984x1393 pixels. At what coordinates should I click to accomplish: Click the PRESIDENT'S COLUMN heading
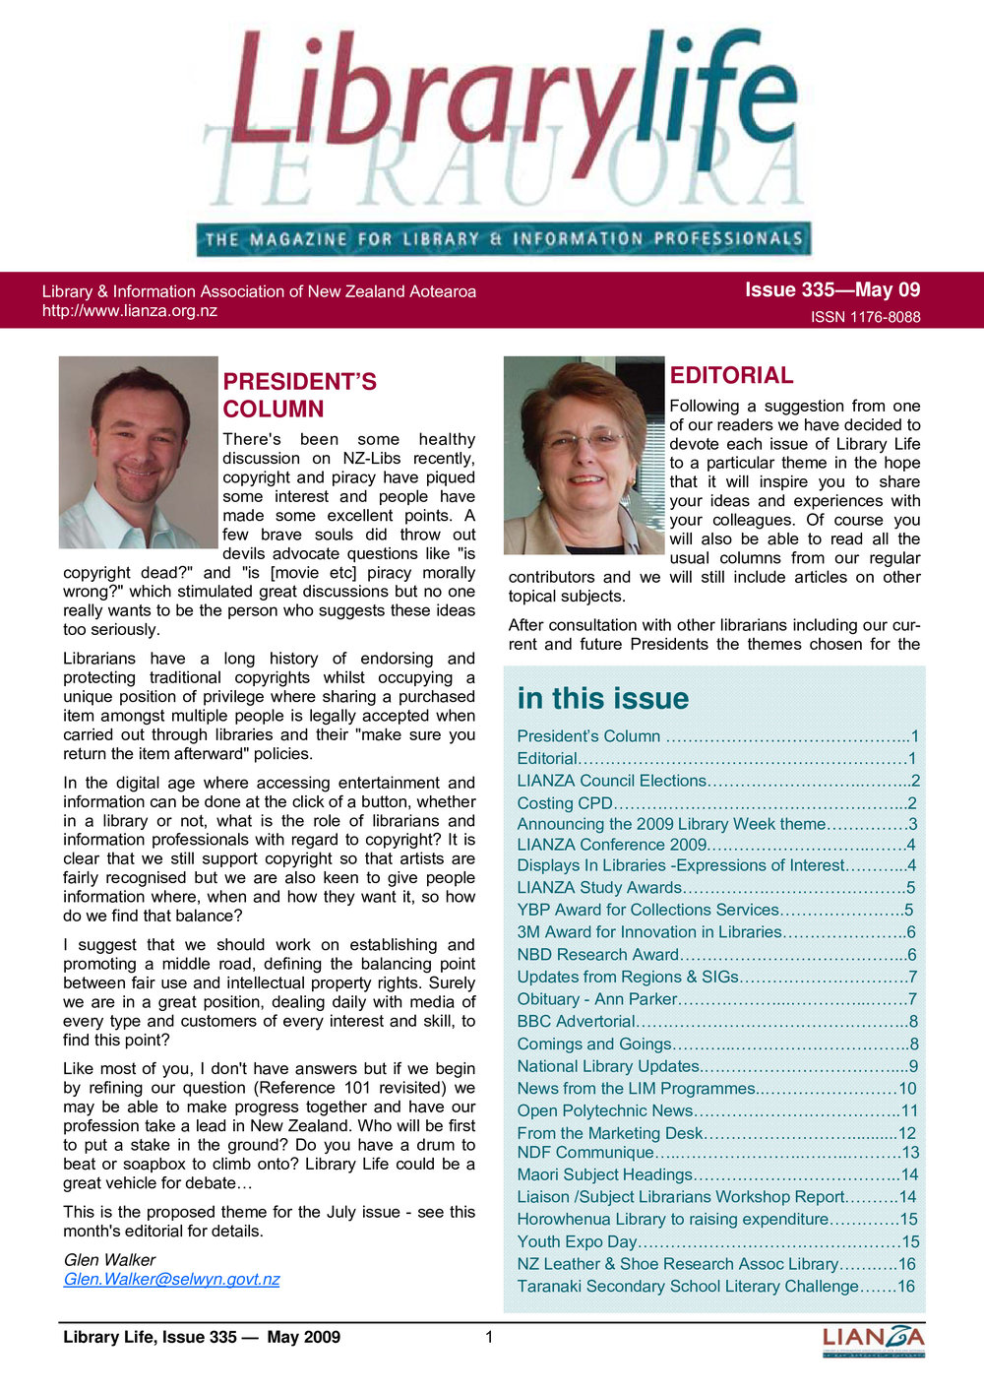click(299, 395)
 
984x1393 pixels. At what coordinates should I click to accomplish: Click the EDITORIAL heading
click(731, 375)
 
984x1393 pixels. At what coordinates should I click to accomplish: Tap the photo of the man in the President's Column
click(138, 452)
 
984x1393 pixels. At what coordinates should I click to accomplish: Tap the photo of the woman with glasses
click(584, 455)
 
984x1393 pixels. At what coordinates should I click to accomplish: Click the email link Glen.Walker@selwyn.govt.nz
click(171, 1279)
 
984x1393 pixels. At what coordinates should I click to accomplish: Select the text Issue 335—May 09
click(831, 289)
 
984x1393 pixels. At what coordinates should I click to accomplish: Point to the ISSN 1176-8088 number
click(865, 317)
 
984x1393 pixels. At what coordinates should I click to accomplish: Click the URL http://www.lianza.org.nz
click(129, 311)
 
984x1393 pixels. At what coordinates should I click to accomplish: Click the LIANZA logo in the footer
click(873, 1340)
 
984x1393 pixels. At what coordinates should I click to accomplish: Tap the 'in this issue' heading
click(602, 698)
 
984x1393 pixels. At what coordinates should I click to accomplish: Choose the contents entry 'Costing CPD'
click(565, 803)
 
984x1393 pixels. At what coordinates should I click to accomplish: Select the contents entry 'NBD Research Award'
click(597, 954)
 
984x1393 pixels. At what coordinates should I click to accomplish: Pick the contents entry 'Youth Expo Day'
click(577, 1241)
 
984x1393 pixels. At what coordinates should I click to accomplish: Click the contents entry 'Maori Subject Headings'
click(604, 1174)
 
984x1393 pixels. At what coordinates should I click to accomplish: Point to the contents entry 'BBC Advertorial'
click(576, 1021)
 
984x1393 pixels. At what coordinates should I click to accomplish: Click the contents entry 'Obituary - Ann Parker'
click(596, 998)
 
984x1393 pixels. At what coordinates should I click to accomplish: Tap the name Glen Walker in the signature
click(109, 1259)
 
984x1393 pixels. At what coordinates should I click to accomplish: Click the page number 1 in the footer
click(489, 1336)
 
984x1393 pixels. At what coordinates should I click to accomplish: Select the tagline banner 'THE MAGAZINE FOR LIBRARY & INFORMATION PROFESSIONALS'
click(503, 238)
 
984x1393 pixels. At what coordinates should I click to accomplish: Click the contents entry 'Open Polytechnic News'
click(604, 1110)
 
